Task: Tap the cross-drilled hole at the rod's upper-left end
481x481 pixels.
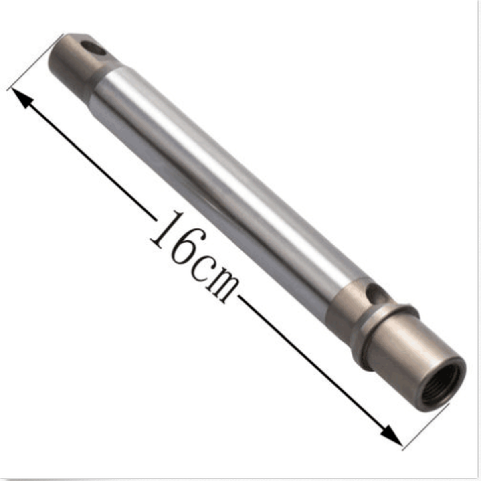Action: pyautogui.click(x=93, y=49)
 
